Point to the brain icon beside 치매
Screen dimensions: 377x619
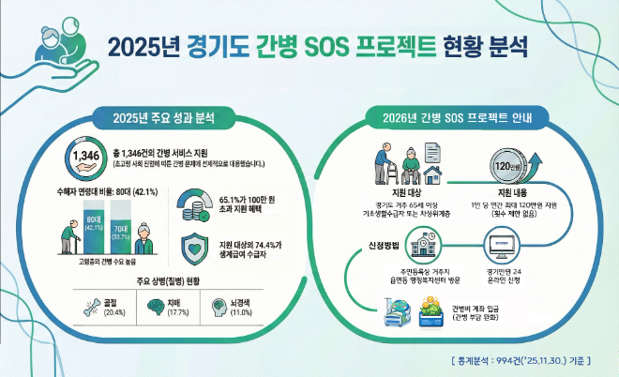click(x=154, y=306)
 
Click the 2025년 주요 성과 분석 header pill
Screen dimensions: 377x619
click(x=166, y=119)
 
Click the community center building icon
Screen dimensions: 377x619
click(x=422, y=246)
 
